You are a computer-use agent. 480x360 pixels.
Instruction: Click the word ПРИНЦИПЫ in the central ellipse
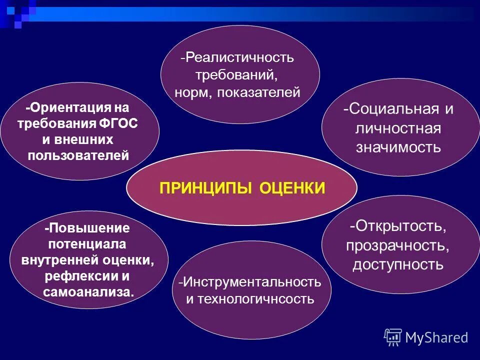point(206,188)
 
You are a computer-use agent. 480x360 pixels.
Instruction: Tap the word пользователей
point(79,155)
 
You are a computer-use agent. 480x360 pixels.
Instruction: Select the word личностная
point(398,128)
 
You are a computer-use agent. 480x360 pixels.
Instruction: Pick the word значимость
point(398,147)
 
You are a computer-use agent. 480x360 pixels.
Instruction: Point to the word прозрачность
point(398,245)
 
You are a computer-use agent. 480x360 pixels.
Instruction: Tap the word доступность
point(398,264)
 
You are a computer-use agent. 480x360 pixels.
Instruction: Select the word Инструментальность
point(251,281)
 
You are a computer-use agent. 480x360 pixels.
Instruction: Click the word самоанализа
point(89,292)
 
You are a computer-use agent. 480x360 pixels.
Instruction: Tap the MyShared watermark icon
point(393,337)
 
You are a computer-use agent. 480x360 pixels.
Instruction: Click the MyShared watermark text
point(437,338)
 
